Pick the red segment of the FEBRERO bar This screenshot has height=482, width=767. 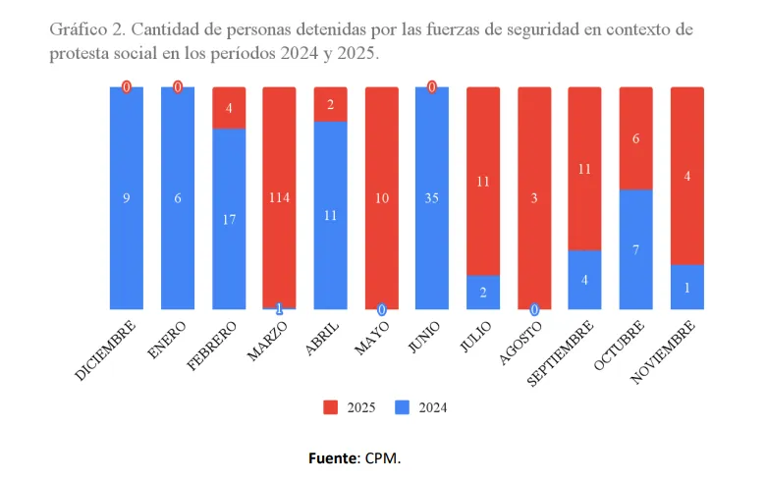pyautogui.click(x=229, y=107)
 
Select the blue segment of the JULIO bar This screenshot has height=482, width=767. pyautogui.click(x=482, y=293)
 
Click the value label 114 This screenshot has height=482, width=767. pyautogui.click(x=279, y=198)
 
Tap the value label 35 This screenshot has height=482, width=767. pyautogui.click(x=431, y=198)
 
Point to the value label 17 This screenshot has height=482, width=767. pyautogui.click(x=229, y=220)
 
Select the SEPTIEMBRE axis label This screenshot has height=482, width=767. pyautogui.click(x=561, y=352)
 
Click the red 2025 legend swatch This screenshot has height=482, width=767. pyautogui.click(x=331, y=406)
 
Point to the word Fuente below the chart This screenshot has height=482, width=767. pyautogui.click(x=334, y=457)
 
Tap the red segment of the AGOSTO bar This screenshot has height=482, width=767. pyautogui.click(x=533, y=196)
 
